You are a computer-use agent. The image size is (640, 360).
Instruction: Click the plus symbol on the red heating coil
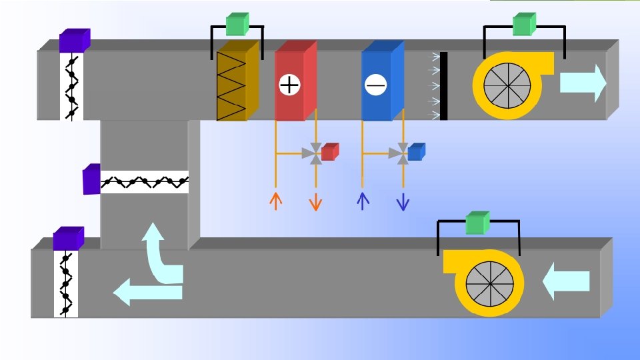[x=289, y=85]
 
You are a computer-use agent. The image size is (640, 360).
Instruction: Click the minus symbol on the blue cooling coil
[x=376, y=85]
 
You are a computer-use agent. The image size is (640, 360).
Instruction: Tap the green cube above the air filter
[x=237, y=25]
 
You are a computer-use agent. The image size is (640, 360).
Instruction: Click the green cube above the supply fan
[x=524, y=25]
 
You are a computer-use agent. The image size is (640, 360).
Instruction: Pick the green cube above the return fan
[x=477, y=223]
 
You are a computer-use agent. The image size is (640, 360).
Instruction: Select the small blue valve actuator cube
[x=416, y=152]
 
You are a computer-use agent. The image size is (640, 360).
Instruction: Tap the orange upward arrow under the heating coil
[x=275, y=200]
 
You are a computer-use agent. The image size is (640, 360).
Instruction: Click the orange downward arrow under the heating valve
[x=316, y=201]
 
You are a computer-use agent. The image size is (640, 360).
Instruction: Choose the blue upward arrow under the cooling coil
[x=363, y=200]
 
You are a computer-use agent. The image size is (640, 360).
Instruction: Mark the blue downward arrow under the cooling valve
[x=403, y=201]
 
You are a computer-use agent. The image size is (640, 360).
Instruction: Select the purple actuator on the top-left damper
[x=74, y=41]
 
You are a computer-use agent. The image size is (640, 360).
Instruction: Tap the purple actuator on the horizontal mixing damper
[x=91, y=179]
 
